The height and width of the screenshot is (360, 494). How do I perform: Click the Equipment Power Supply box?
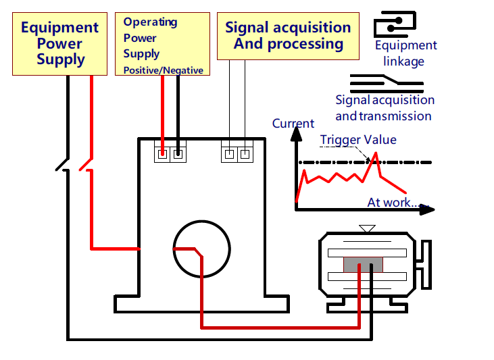tap(59, 44)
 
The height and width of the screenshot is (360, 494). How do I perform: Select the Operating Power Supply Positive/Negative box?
tap(163, 45)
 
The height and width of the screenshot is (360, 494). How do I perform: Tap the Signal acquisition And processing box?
tap(288, 36)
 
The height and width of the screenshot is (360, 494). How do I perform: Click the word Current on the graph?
tap(293, 124)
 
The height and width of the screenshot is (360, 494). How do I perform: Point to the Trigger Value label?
tap(358, 140)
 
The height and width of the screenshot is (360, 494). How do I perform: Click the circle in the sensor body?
tap(201, 249)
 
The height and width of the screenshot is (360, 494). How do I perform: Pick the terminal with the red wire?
tap(162, 155)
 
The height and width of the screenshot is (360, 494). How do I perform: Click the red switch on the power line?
tap(86, 164)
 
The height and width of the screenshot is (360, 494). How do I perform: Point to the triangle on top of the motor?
tap(367, 229)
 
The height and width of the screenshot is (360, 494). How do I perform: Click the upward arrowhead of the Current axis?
tap(296, 133)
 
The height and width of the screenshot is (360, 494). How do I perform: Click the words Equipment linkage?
tap(405, 53)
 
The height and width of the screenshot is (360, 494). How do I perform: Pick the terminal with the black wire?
tap(178, 155)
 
